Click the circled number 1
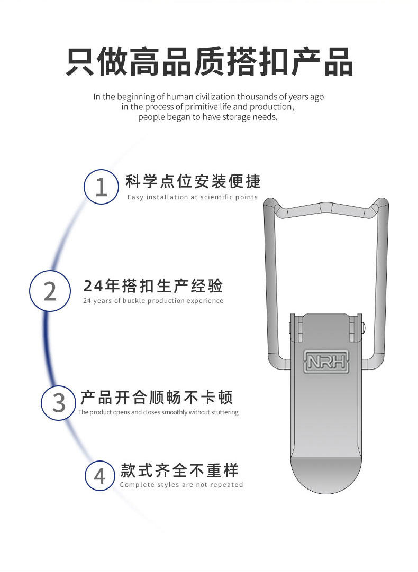[101, 188]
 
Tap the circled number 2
[50, 291]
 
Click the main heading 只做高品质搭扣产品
[209, 62]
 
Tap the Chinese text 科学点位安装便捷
[193, 181]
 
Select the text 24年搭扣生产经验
[153, 286]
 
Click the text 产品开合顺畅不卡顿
[157, 397]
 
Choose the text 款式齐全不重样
[179, 470]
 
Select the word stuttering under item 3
[224, 412]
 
